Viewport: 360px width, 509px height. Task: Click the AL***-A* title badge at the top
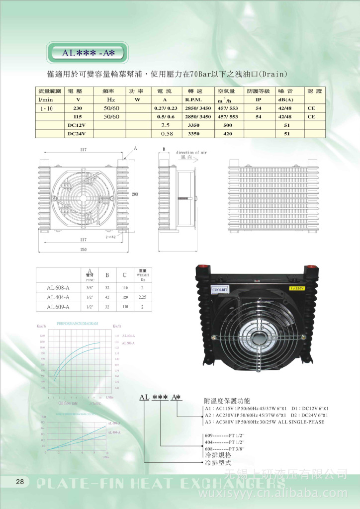[x=88, y=52]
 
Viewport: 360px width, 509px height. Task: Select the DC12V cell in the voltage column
[x=77, y=125]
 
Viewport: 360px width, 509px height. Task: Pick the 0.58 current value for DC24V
[x=167, y=134]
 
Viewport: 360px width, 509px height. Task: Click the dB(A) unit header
[x=285, y=100]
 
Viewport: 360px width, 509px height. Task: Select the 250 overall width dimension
[x=83, y=249]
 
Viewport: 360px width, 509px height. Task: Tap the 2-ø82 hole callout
[x=110, y=238]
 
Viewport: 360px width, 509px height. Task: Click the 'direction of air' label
[x=191, y=153]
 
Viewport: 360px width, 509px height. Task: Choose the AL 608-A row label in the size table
[x=58, y=288]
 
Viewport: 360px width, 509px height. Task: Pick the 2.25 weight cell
[x=142, y=297]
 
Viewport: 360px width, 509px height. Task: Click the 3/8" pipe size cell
[x=90, y=288]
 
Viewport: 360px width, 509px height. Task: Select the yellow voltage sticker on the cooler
[x=296, y=287]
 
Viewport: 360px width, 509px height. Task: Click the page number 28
[x=20, y=481]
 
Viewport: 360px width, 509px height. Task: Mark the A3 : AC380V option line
[x=264, y=422]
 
